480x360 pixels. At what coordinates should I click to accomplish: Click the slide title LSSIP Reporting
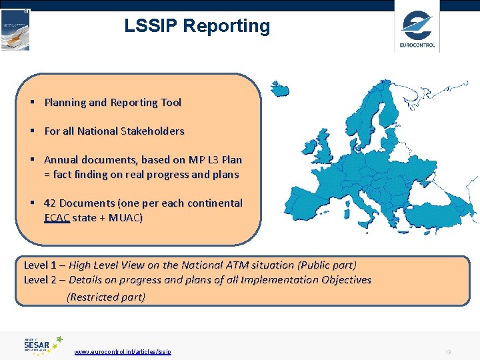(197, 26)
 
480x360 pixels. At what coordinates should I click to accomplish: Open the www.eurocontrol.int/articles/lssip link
(123, 351)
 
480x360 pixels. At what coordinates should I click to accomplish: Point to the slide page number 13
(448, 351)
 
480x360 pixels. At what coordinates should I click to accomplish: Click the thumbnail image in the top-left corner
(15, 29)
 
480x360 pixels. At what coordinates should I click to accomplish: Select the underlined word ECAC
(57, 217)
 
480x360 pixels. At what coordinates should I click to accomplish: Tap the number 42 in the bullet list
(50, 203)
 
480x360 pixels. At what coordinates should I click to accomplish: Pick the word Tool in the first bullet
(171, 103)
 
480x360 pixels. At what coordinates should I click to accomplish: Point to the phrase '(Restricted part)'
(106, 297)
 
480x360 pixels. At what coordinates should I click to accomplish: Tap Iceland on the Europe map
(279, 88)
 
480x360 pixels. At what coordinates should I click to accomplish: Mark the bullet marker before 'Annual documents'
(31, 160)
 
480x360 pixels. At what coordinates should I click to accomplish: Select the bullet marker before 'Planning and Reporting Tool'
(31, 103)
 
